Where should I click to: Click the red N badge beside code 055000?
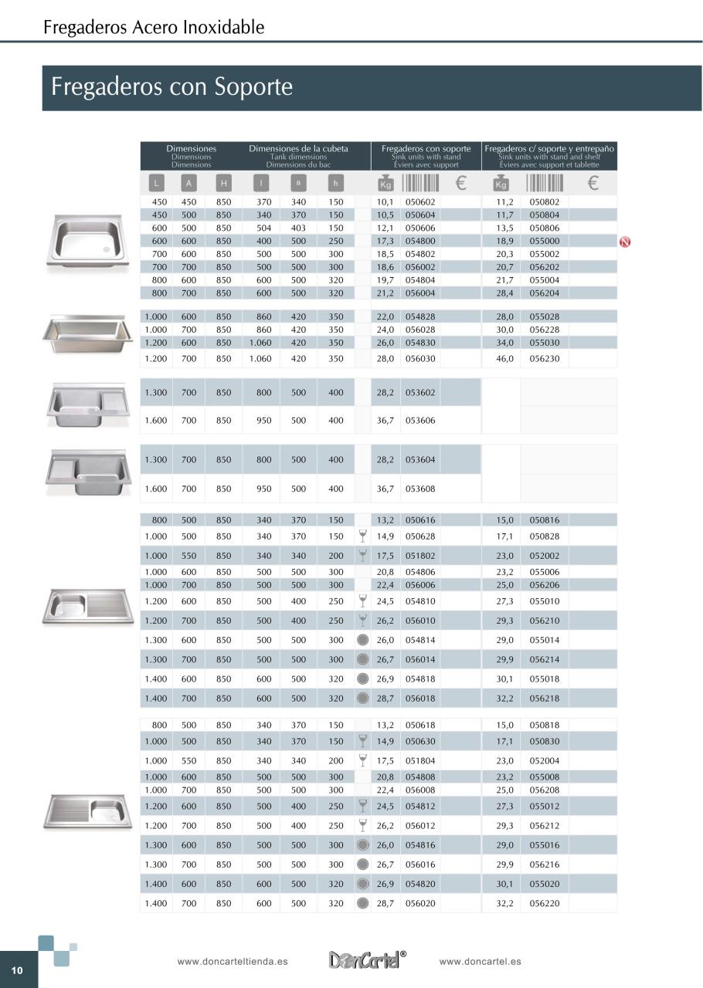pyautogui.click(x=626, y=242)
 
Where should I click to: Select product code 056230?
pyautogui.click(x=545, y=359)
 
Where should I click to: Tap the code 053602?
pyautogui.click(x=420, y=393)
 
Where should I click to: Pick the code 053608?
pyautogui.click(x=420, y=489)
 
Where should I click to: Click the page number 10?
pyautogui.click(x=17, y=970)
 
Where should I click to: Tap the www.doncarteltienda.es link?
pyautogui.click(x=233, y=962)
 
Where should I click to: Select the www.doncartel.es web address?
pyautogui.click(x=480, y=962)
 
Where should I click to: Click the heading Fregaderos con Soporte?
pyautogui.click(x=172, y=86)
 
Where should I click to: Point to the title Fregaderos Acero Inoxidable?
pyautogui.click(x=154, y=28)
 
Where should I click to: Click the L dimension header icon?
pyautogui.click(x=156, y=183)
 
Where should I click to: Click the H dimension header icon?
pyautogui.click(x=223, y=183)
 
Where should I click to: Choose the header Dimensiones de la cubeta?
pyautogui.click(x=298, y=148)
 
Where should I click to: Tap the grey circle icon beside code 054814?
pyautogui.click(x=362, y=640)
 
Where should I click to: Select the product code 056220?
pyautogui.click(x=545, y=903)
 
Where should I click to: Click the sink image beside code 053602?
pyautogui.click(x=85, y=404)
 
